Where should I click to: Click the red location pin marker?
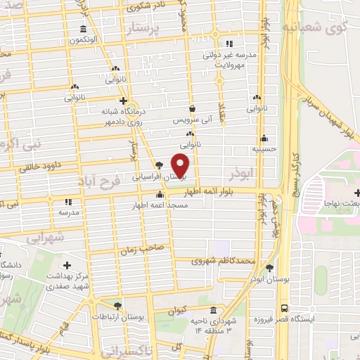point(181,165)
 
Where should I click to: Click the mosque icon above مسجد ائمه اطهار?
point(160,195)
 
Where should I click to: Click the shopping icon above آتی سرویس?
point(192,109)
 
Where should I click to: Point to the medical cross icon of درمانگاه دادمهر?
point(123,101)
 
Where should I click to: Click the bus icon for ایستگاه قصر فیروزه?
point(283,308)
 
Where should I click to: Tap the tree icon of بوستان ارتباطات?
point(117,306)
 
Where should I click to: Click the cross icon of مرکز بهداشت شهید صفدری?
point(67,266)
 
